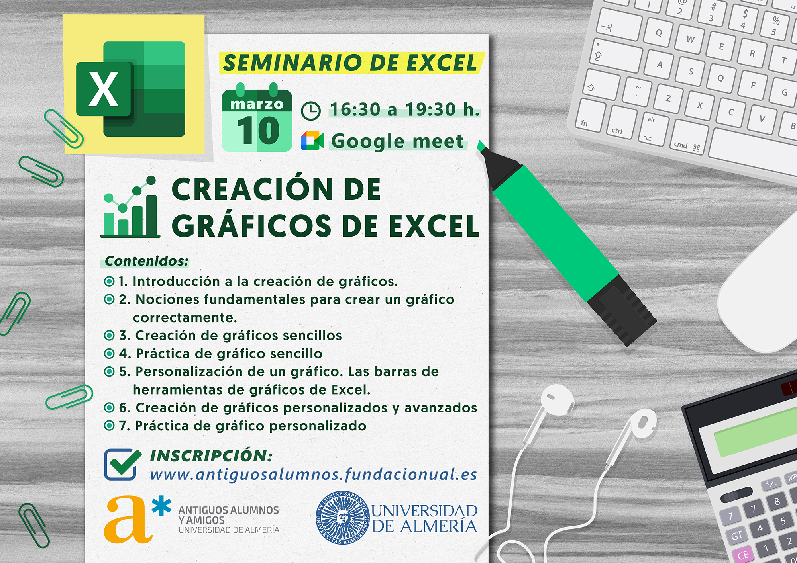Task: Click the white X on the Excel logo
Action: pyautogui.click(x=103, y=89)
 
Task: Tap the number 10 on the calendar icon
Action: pyautogui.click(x=258, y=131)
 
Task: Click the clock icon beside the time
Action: pyautogui.click(x=310, y=111)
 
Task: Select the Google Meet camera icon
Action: pyautogui.click(x=312, y=140)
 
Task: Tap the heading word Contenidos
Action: pyautogui.click(x=147, y=261)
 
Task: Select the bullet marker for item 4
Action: pyautogui.click(x=109, y=353)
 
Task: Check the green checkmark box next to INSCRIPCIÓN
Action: pyautogui.click(x=122, y=464)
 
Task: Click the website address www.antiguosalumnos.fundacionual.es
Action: pyautogui.click(x=314, y=474)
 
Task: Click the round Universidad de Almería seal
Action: pyautogui.click(x=343, y=517)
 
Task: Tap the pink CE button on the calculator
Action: pyautogui.click(x=743, y=555)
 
